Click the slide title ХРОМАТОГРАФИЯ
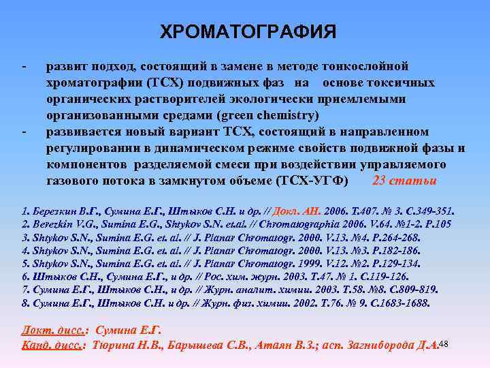[248, 32]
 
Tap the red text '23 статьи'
[405, 181]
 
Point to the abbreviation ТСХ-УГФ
[313, 181]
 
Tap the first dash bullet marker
[24, 67]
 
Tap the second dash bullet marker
[24, 132]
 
